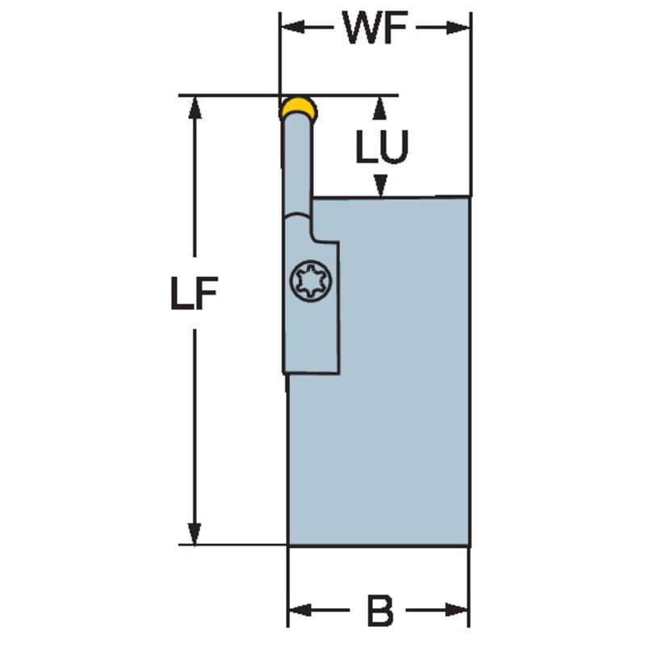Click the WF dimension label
pos(375,27)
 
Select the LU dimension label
pos(382,146)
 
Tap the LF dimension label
pos(194,293)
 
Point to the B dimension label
pos(380,610)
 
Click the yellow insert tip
pos(299,107)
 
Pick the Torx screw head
pos(311,281)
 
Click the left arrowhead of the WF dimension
pos(292,27)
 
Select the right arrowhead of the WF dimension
pos(458,28)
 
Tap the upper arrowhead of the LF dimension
pos(195,108)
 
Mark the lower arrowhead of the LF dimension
pos(194,534)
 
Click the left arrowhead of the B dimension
pos(300,610)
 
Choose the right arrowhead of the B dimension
pos(457,610)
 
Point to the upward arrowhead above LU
pos(380,108)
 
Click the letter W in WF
pos(362,27)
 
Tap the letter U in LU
pos(393,146)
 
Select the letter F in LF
pos(207,293)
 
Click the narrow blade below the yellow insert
pos(297,165)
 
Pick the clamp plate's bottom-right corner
pos(339,374)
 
